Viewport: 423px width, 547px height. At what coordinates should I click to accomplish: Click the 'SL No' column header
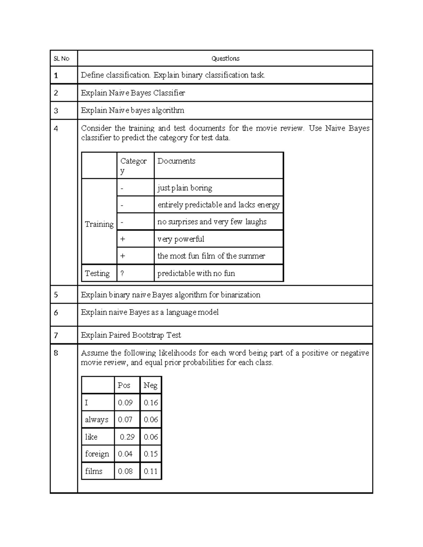point(61,58)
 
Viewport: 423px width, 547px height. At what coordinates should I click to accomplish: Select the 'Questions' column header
point(225,58)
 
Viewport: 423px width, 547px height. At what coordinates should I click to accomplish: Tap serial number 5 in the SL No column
point(56,295)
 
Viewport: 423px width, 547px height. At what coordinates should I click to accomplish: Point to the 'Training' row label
point(99,224)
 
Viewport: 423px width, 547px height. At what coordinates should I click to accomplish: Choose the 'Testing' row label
point(97,273)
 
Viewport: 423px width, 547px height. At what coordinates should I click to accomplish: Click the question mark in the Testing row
point(122,273)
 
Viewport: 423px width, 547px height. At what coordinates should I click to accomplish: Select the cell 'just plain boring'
point(185,188)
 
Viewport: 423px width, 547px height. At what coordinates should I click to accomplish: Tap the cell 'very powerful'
point(181,239)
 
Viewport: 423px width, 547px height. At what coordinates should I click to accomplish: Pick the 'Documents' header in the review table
point(176,161)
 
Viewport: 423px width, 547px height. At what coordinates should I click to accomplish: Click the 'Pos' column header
point(124,385)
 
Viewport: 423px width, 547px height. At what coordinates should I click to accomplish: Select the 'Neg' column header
point(151,385)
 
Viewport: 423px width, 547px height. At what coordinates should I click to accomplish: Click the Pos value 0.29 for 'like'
point(127,437)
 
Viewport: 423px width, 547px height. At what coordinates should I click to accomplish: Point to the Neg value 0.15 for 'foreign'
point(151,454)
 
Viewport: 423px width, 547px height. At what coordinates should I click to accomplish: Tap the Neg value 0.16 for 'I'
point(151,403)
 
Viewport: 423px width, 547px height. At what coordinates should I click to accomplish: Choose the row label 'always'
point(97,420)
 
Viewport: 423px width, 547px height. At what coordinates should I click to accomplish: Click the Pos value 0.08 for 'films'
point(125,471)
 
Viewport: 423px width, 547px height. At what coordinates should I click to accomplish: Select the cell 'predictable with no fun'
point(196,273)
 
